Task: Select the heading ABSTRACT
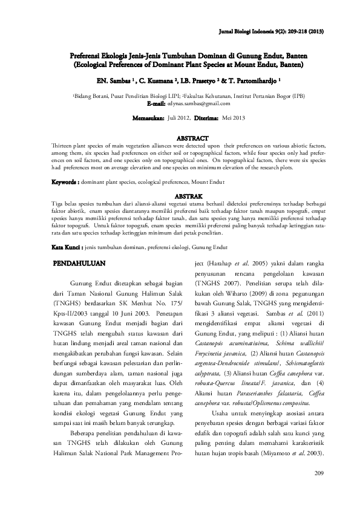click(x=191, y=138)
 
